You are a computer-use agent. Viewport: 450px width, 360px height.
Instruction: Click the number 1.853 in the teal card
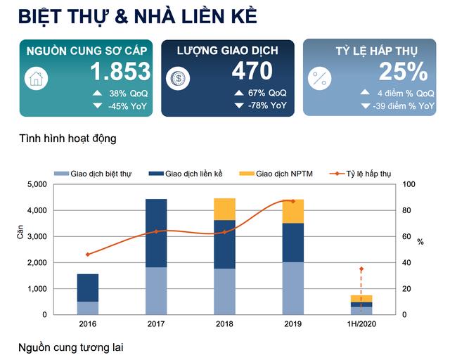click(120, 72)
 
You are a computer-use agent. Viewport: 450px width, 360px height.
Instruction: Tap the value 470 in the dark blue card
click(252, 72)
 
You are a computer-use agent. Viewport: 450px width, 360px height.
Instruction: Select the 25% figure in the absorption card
click(403, 72)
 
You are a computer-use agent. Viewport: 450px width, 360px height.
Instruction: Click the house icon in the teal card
click(36, 78)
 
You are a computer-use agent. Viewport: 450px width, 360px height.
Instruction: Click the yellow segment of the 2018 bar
click(224, 210)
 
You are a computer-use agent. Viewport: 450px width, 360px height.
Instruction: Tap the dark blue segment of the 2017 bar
click(156, 233)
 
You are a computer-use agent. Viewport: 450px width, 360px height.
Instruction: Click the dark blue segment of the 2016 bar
click(88, 288)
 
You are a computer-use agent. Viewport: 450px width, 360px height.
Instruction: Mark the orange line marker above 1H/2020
click(361, 269)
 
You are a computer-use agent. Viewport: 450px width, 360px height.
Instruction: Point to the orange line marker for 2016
click(88, 255)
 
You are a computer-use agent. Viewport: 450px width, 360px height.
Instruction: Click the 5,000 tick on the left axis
click(36, 184)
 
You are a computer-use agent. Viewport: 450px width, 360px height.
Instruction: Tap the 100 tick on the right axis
click(411, 184)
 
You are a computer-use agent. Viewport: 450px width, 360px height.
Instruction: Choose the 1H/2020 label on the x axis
click(361, 325)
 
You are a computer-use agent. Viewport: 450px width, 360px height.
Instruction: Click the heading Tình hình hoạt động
click(67, 139)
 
